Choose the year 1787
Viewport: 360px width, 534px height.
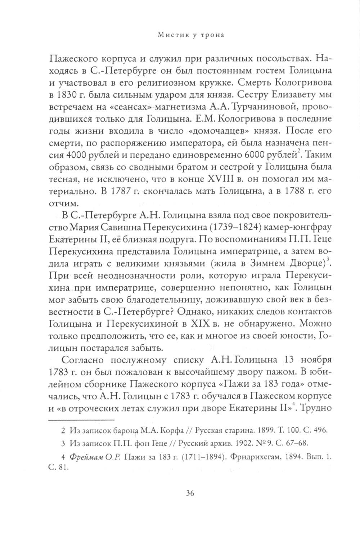127,197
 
